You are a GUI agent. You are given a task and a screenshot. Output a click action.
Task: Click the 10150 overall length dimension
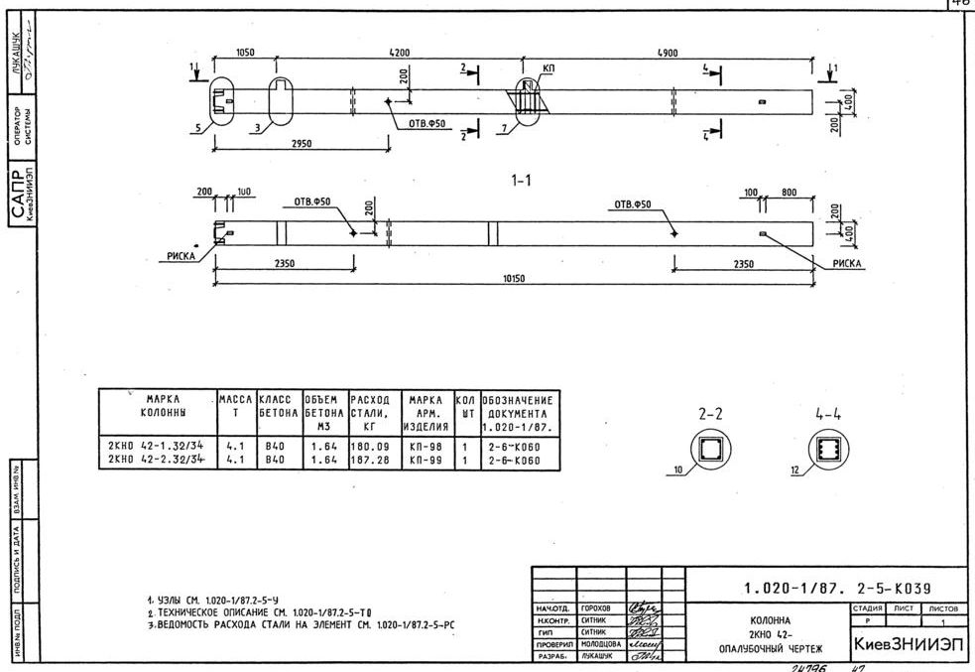pos(513,279)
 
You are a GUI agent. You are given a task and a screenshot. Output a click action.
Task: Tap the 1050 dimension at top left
pos(244,53)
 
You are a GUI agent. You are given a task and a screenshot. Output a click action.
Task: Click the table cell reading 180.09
pos(367,448)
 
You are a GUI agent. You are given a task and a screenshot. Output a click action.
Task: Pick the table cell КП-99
pos(423,461)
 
